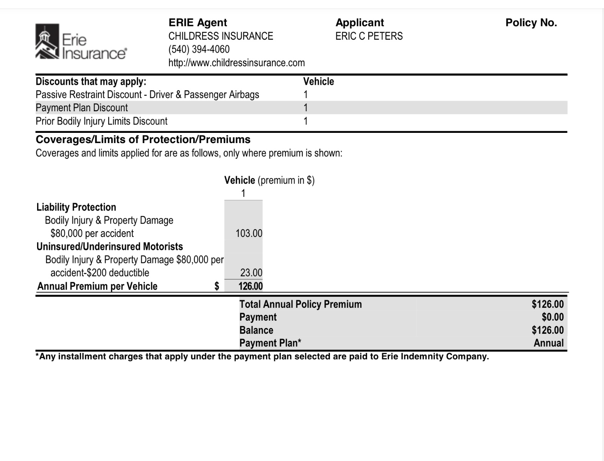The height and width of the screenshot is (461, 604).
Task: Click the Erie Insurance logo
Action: (x=81, y=42)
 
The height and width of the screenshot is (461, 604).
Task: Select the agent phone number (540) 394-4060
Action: (x=199, y=50)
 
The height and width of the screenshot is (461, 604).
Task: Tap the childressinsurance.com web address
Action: (x=237, y=63)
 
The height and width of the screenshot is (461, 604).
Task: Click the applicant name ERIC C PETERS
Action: (x=369, y=36)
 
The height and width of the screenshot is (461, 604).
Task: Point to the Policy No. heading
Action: (x=531, y=23)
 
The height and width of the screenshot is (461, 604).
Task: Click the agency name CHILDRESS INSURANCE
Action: (x=221, y=36)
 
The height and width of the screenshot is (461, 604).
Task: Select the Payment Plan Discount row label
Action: (x=82, y=108)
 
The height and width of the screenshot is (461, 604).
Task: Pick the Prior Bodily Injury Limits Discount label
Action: (x=101, y=121)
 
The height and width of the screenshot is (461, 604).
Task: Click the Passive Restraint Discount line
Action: (x=147, y=95)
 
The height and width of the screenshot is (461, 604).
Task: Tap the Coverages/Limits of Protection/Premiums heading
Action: (x=143, y=140)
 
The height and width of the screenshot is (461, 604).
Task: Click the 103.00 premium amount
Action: (x=249, y=233)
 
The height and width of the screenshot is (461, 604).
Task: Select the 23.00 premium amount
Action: (x=251, y=273)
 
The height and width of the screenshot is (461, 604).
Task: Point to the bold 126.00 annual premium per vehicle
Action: (x=250, y=286)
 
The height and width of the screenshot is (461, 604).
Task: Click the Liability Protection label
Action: (x=76, y=207)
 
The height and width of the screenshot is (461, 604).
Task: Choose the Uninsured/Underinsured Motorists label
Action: (x=110, y=247)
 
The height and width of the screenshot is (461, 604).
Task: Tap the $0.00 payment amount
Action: (x=553, y=317)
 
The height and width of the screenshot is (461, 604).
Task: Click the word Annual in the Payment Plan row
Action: (x=548, y=343)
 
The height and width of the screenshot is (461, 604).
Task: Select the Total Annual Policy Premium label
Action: (x=300, y=304)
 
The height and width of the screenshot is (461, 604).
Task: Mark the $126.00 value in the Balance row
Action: (x=548, y=330)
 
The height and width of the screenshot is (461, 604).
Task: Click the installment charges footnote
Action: (x=262, y=357)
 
